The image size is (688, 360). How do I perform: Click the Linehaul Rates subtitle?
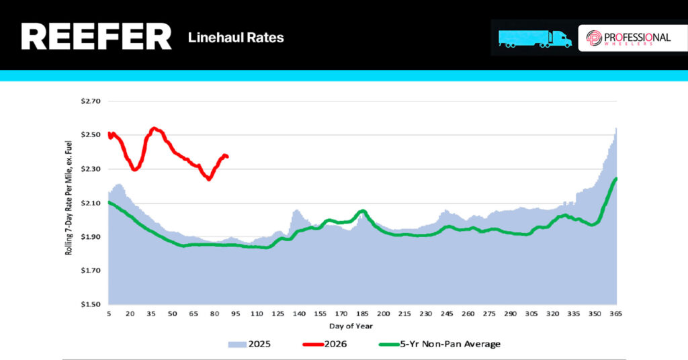pos(236,38)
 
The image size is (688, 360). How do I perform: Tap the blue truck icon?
pos(535,38)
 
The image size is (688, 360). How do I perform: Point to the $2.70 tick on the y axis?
pos(90,102)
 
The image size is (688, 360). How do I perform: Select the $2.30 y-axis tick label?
pos(90,169)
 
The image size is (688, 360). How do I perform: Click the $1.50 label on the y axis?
pos(90,304)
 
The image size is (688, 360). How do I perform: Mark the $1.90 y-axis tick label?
pos(90,237)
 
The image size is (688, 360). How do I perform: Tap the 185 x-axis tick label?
pos(362,314)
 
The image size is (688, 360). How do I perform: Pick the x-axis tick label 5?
pos(109,314)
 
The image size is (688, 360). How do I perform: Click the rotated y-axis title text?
pos(70,203)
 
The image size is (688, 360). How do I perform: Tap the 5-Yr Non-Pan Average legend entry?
pos(440,344)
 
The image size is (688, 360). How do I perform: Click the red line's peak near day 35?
pos(155,128)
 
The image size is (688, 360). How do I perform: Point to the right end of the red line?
pos(228,157)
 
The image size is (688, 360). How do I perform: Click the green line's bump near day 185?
pos(362,211)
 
